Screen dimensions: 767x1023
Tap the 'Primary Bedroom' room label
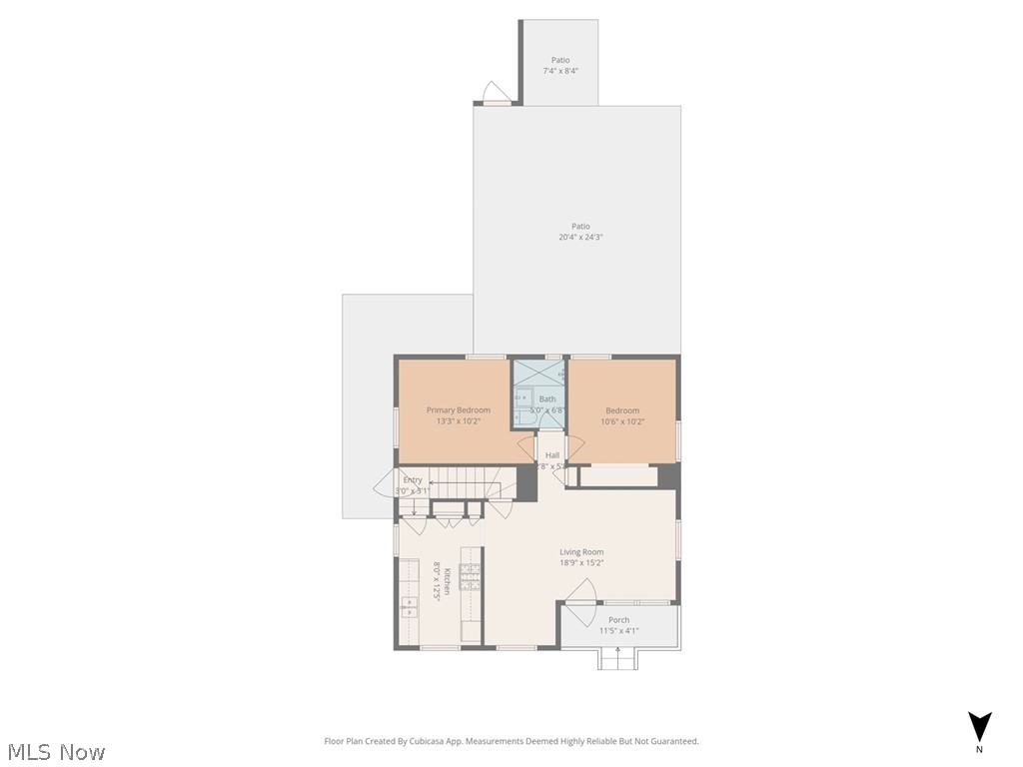click(459, 410)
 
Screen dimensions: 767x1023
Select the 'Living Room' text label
click(581, 552)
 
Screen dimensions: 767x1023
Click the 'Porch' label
click(619, 620)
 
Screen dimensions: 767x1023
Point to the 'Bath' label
click(547, 399)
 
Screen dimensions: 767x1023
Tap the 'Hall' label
click(552, 455)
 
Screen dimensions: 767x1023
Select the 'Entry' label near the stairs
click(413, 480)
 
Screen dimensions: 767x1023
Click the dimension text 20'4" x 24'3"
click(581, 238)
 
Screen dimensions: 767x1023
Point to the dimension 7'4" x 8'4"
click(560, 71)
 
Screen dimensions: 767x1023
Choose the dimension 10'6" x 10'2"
click(622, 421)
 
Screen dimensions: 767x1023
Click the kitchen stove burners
click(470, 576)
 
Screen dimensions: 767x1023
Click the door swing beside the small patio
click(496, 92)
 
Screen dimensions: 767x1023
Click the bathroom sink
click(519, 397)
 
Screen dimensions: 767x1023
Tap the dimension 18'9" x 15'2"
click(581, 563)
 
